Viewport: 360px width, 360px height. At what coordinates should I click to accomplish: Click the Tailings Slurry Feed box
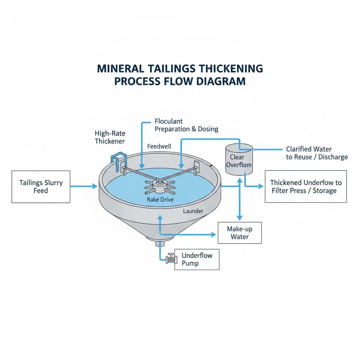pos(41,187)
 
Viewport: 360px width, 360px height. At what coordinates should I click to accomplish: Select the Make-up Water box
pos(240,233)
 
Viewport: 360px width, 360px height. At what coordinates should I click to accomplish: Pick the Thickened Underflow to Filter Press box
pos(306,186)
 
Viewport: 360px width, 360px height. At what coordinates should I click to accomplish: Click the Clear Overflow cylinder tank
pos(239,160)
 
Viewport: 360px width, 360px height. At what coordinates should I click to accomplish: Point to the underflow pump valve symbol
pos(170,259)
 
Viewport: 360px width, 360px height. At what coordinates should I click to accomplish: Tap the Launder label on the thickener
pos(193,211)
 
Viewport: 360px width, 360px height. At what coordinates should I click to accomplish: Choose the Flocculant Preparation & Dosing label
pos(186,125)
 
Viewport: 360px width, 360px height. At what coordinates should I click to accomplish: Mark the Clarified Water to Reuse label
pos(317,153)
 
